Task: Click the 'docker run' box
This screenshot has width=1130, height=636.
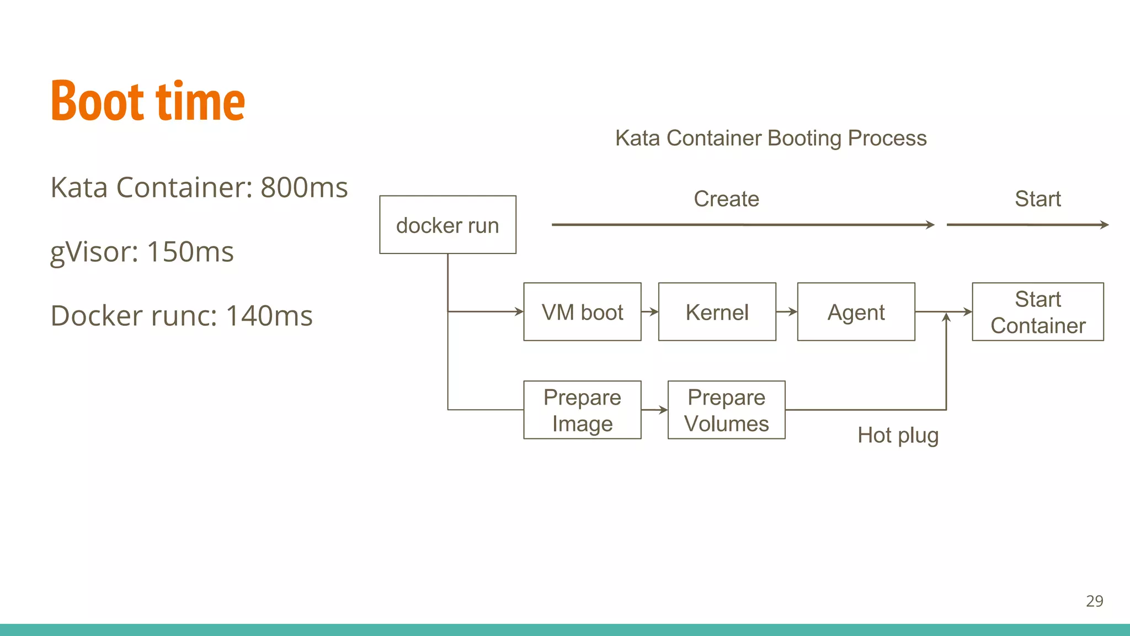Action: coord(447,225)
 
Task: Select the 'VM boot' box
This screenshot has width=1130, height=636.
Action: coord(582,312)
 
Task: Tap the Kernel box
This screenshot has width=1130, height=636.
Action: coord(717,312)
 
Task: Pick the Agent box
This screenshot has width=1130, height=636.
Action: coord(856,312)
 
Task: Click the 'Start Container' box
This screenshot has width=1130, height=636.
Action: coord(1037,312)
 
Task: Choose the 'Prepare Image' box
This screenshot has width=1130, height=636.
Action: coord(582,410)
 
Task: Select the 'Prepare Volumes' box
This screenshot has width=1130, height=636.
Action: coord(726,410)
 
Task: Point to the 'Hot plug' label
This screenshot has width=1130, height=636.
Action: coord(898,435)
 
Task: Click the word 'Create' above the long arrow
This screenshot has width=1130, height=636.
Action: coord(726,199)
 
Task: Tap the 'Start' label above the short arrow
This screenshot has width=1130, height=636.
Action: coord(1037,199)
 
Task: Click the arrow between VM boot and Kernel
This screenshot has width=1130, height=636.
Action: coord(650,312)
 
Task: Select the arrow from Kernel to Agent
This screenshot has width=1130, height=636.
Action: coord(787,312)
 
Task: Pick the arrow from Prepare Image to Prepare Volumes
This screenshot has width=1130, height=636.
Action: coord(654,410)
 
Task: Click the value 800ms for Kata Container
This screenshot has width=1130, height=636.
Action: coord(304,188)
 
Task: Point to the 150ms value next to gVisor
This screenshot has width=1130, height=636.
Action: coord(190,252)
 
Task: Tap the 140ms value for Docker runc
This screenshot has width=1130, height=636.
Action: coord(269,316)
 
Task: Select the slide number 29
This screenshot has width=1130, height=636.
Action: coord(1094,601)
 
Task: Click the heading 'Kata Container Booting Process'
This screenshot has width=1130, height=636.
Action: coord(771,138)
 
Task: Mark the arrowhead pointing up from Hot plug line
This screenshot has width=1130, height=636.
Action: coord(946,317)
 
